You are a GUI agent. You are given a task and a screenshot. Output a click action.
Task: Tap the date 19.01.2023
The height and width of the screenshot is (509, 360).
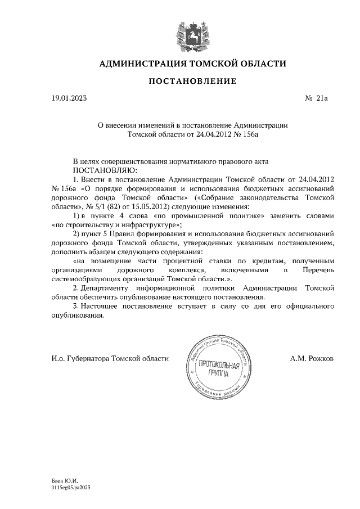[x=69, y=98]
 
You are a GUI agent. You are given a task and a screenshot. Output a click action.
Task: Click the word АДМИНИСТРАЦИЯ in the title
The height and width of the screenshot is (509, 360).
[x=138, y=64]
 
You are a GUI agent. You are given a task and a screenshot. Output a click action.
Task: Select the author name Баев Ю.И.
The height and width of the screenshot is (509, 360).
[x=62, y=482]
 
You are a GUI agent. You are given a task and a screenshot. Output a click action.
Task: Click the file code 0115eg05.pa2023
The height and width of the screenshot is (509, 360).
[x=70, y=489]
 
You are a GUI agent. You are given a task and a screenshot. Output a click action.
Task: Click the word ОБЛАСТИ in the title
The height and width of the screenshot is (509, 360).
[x=259, y=64]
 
